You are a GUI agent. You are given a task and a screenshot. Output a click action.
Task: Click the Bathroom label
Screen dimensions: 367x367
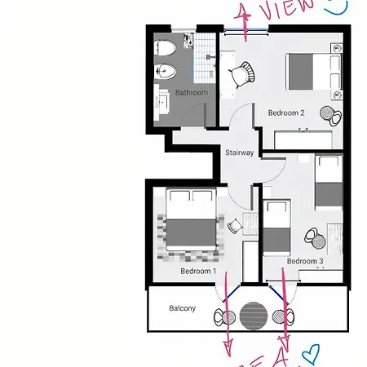[x=192, y=92]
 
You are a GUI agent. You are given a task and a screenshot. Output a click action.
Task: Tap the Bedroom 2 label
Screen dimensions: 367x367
[x=286, y=113]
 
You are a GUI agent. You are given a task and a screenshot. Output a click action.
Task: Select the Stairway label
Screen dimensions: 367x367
[x=239, y=153]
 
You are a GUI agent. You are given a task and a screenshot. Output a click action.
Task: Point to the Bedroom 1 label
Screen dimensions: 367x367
[x=198, y=271]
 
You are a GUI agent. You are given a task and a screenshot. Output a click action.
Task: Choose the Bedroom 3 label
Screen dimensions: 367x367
[x=305, y=261]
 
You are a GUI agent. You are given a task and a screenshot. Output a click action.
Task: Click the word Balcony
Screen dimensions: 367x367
[x=182, y=308]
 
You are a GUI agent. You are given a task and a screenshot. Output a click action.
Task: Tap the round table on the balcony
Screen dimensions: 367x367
[x=254, y=315]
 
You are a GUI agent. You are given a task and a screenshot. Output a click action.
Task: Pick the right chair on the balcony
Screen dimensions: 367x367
[x=285, y=316]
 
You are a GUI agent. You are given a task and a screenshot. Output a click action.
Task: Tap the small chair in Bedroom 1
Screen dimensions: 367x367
[x=235, y=226]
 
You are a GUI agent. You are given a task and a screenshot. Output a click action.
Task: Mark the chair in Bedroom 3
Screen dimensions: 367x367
[x=314, y=237]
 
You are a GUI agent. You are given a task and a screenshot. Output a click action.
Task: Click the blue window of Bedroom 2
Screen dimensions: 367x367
[x=247, y=32]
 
